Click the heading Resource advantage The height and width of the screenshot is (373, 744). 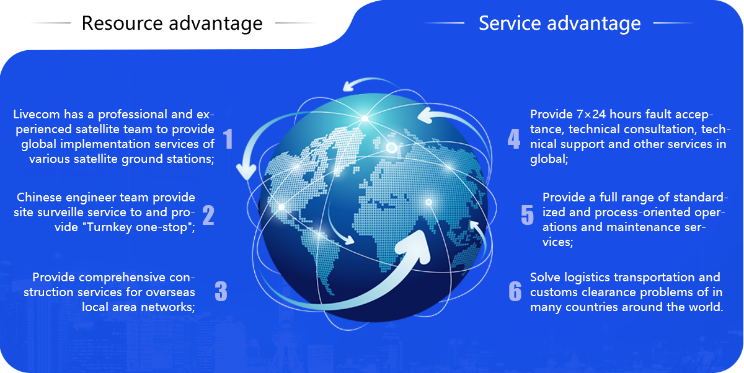pos(172,24)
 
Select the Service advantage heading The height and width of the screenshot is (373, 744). pos(560,24)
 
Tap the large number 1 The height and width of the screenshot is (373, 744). pos(228,139)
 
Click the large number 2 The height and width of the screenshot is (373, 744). pos(208,215)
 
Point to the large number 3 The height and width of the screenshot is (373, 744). pos(221,291)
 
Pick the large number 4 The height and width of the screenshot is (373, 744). pos(514,139)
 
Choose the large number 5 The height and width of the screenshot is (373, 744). pos(527,215)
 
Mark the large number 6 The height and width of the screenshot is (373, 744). pos(515,291)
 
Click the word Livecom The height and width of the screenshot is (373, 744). pos(37,115)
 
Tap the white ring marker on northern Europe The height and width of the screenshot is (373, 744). pos(391,147)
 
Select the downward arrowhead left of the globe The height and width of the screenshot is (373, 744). pos(246,172)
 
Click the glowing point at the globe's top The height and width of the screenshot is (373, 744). pos(365,118)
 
